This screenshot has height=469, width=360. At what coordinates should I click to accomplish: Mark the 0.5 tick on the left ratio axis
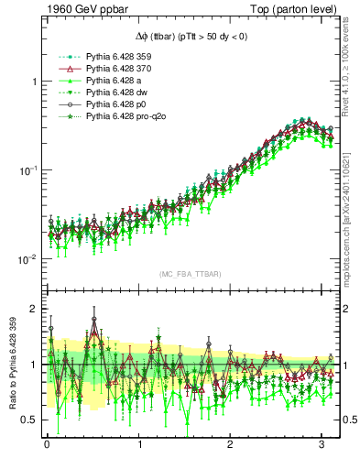click(x=29, y=420)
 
